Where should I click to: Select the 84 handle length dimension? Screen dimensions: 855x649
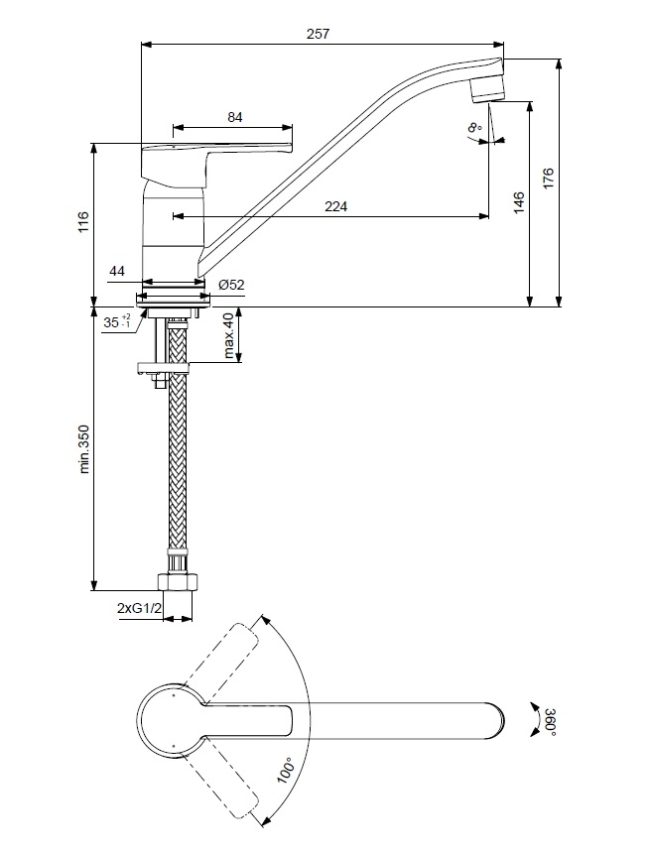(235, 117)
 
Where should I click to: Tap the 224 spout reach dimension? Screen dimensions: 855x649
(335, 206)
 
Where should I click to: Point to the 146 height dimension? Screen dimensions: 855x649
(519, 203)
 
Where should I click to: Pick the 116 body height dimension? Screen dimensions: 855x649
(83, 223)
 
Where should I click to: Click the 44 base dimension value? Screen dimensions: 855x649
(117, 270)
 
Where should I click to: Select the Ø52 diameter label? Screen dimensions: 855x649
(231, 285)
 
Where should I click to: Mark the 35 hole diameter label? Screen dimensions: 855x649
(118, 322)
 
